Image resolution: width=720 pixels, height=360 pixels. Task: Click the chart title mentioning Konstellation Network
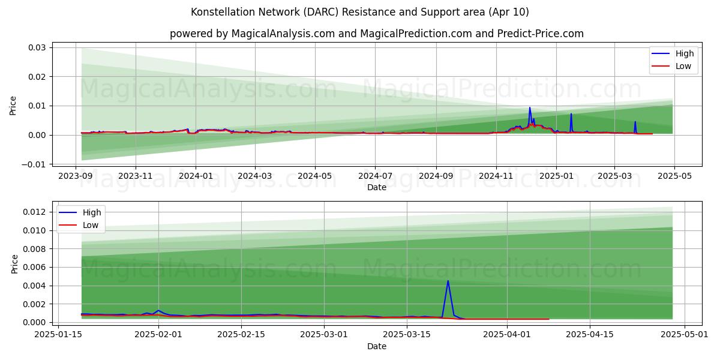(x=359, y=12)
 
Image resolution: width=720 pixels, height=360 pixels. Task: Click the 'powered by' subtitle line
(x=376, y=34)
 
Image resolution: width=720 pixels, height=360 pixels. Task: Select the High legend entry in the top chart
(x=673, y=53)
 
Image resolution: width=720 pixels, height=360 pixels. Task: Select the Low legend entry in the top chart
(x=671, y=66)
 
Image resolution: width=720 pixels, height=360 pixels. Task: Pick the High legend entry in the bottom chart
(x=80, y=212)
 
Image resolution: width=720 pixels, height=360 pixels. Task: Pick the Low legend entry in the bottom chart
(x=79, y=225)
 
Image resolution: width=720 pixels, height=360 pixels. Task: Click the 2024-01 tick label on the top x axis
(x=196, y=176)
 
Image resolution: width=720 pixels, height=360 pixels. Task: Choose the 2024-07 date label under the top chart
(x=375, y=176)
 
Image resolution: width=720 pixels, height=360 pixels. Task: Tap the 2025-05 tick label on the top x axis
(x=674, y=176)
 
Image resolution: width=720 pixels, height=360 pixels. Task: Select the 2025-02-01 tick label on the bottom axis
(x=158, y=335)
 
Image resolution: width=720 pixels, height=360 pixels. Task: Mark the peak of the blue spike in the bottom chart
(x=448, y=281)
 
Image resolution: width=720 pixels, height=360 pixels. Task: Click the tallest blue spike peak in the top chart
(x=530, y=107)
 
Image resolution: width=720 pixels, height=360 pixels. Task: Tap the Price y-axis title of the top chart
(x=13, y=106)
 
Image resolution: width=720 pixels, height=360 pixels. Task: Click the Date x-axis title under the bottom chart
(x=377, y=346)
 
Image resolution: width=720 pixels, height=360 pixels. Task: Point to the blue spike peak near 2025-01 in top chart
(x=571, y=113)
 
